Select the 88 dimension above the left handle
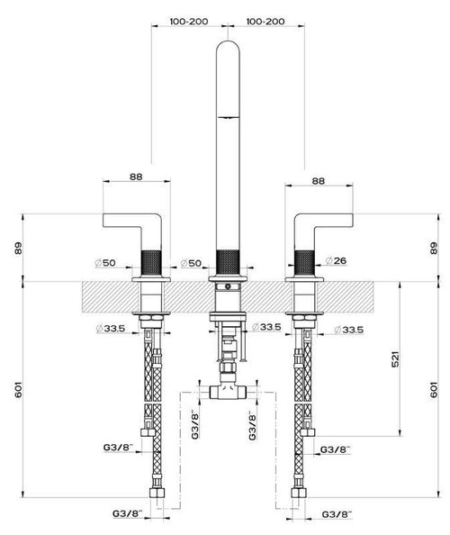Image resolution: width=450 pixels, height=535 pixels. click(x=136, y=180)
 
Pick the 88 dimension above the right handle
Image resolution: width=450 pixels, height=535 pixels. click(x=317, y=180)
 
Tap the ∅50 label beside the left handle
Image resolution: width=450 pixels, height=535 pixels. click(x=106, y=263)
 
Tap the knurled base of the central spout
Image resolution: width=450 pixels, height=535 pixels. click(x=226, y=262)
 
